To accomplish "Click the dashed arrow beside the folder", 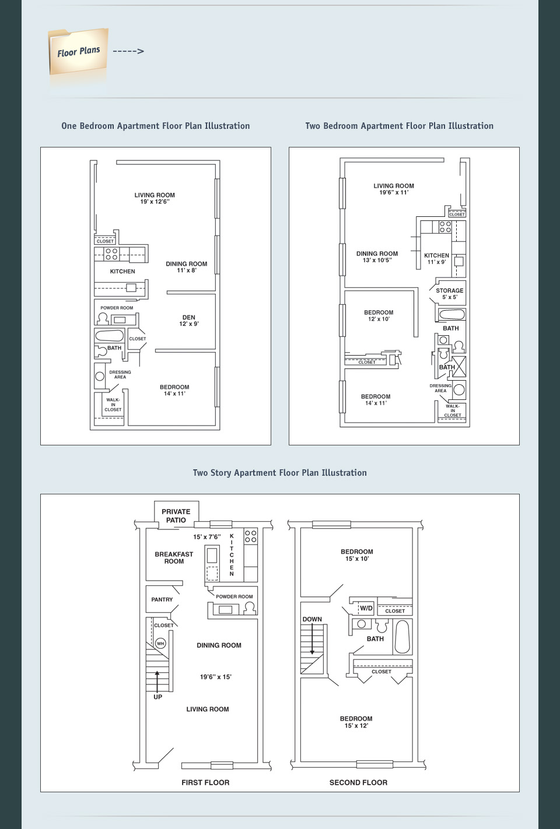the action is [128, 51].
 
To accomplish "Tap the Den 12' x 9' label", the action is [189, 321].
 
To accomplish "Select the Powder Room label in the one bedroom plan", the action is [117, 308].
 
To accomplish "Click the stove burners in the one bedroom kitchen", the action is [111, 254].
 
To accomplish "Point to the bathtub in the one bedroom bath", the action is [109, 336].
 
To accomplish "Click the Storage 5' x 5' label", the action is [450, 294].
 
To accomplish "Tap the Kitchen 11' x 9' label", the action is [437, 259].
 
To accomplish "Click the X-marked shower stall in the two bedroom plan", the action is [459, 367].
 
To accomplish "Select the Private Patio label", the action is [176, 516].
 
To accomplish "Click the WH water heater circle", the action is [160, 643].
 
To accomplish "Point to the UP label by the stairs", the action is [157, 697].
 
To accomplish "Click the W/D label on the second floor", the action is [366, 608].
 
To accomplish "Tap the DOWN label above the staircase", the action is [312, 619].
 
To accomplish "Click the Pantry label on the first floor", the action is [162, 599].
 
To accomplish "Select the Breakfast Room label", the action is [174, 558].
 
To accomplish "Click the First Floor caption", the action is [205, 782].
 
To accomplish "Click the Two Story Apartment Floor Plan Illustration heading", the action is [279, 473].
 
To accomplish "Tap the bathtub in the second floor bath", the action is [402, 637].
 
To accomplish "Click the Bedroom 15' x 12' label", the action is [356, 722].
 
